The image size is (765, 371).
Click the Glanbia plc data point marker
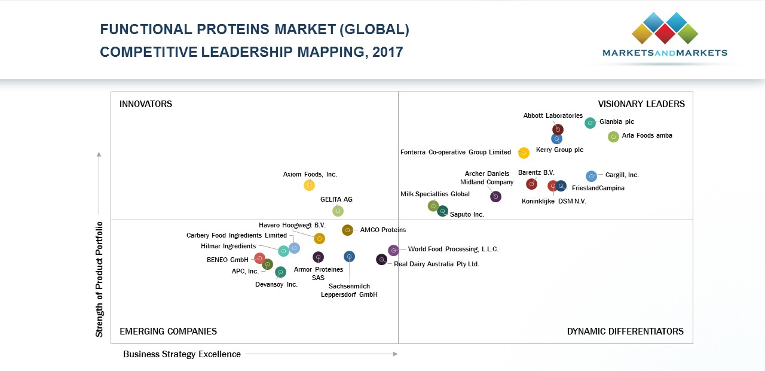coord(590,123)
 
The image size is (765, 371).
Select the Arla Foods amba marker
coord(613,137)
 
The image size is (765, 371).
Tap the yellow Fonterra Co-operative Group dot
coord(524,153)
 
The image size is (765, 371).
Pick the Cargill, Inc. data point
coord(591,176)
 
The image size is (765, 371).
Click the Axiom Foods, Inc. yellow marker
coord(309,185)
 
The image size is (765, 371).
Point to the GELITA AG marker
coord(338,211)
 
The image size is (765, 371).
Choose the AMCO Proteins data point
coord(347,230)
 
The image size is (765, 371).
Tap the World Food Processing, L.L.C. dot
coord(393,250)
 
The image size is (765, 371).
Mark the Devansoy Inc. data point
coord(280,272)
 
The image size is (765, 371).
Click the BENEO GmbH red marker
coord(259,259)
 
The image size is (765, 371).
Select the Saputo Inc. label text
coord(467,214)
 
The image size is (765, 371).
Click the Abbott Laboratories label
coord(553,116)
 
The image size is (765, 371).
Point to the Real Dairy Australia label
coord(436,264)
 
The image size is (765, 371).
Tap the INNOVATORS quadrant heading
coord(146,104)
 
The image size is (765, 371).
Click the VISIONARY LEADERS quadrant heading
coord(641,104)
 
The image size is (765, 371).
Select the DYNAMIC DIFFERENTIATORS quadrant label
coord(625,332)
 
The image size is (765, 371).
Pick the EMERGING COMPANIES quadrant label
coord(168,332)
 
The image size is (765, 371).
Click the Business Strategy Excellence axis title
coord(182,354)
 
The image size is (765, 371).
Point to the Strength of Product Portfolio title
coord(100,279)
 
